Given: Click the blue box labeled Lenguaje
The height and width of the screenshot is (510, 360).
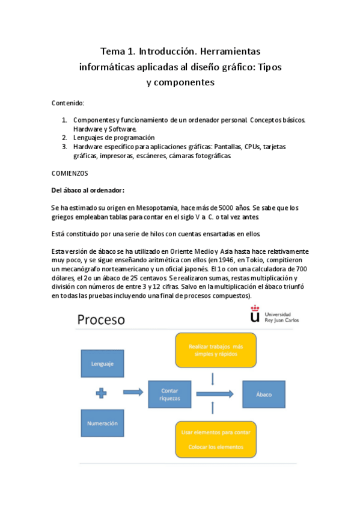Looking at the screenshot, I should click(102, 364).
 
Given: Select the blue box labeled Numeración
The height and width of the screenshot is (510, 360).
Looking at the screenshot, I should click(102, 423).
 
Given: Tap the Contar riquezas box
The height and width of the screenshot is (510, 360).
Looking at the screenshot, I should click(169, 395).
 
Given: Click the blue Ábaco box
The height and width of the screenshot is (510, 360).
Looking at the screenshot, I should click(264, 394).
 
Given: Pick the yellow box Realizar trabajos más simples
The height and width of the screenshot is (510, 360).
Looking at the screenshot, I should click(216, 350).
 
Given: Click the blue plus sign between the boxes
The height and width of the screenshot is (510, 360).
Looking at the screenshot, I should click(102, 393).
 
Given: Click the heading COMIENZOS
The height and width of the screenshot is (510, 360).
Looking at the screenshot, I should click(70, 173).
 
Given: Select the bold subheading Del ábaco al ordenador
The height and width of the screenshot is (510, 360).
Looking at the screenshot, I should click(88, 190).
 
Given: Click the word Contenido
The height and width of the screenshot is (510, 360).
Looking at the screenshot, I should click(68, 103).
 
